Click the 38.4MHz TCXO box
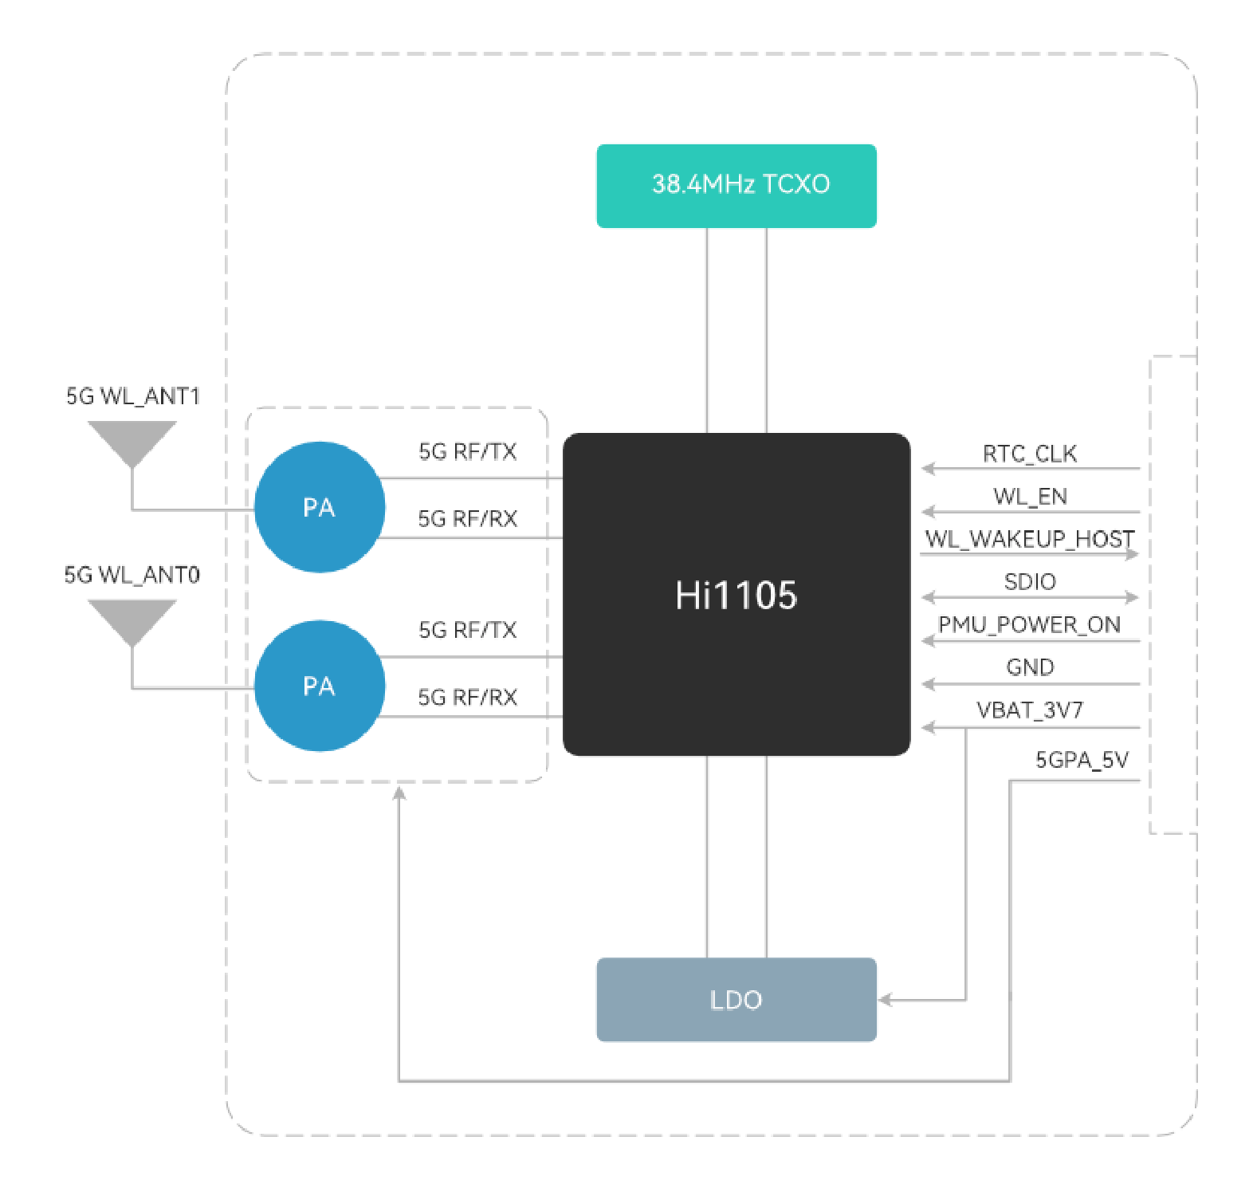737,186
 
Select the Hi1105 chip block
737,594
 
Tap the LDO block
737,999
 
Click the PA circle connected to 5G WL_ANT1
320,507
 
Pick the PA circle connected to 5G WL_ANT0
320,686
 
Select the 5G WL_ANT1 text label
133,396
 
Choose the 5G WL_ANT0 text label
132,575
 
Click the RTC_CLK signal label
1030,454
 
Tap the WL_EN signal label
1030,497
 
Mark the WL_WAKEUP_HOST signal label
1030,539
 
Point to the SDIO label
1030,582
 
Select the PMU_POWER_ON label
1030,624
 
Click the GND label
1030,667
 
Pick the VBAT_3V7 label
1030,710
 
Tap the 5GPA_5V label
1082,760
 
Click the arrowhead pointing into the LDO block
886,1000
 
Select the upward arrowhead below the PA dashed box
399,793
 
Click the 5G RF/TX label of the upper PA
468,452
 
